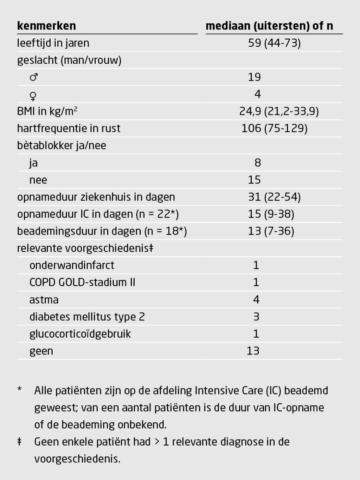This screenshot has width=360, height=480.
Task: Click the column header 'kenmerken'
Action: point(46,26)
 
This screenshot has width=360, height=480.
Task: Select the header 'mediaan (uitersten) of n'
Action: point(269,26)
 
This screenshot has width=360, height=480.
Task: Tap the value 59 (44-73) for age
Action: point(274,43)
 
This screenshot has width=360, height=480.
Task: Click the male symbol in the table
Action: point(34,77)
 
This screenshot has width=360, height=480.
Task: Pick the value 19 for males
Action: point(254,77)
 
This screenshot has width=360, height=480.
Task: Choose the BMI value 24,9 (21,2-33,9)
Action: point(279,111)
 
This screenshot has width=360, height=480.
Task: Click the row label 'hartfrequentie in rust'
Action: point(69,128)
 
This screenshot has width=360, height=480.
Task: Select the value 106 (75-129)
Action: point(274,128)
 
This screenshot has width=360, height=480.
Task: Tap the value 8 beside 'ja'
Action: point(258,163)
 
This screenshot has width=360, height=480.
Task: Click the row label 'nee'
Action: point(38,180)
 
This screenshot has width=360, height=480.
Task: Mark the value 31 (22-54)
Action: point(274,197)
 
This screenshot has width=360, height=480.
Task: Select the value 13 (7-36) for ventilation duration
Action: point(271,231)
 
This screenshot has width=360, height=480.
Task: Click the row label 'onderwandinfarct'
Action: point(72,265)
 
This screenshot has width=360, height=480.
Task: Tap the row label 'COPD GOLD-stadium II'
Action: point(82,283)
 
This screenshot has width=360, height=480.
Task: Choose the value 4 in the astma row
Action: point(256,299)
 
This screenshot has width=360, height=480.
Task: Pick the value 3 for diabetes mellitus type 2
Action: point(256,317)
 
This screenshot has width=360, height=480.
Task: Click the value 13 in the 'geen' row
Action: point(253,351)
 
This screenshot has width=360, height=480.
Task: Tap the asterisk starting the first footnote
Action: point(20,389)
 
